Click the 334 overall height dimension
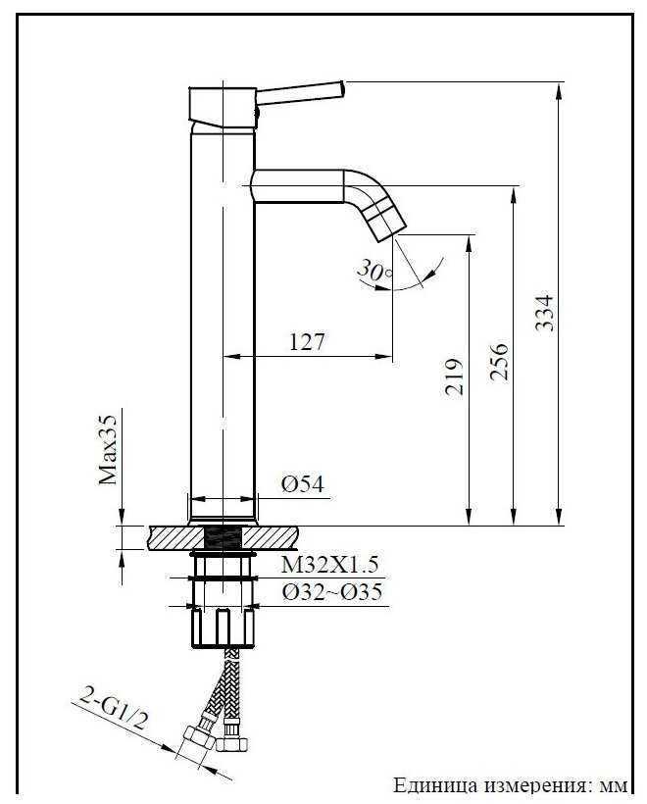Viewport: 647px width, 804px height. click(x=544, y=312)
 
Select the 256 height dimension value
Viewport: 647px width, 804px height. click(x=499, y=362)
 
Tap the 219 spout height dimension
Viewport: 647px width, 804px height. click(x=454, y=377)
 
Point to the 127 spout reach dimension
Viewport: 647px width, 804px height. click(x=307, y=341)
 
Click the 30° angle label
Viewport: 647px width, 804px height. click(x=374, y=270)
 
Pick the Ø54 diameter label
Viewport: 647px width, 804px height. click(x=303, y=484)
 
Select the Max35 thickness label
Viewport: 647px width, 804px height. click(x=108, y=450)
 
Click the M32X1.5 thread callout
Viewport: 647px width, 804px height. click(x=329, y=565)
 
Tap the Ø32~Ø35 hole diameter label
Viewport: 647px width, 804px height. click(x=332, y=591)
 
